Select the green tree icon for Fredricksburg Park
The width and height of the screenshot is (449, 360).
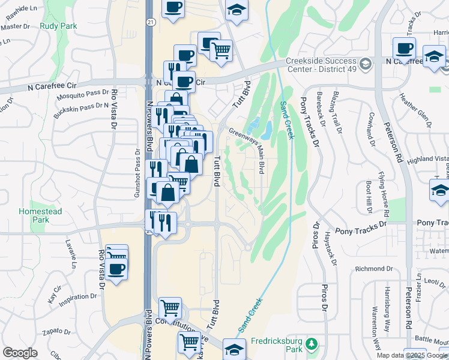tap(311, 343)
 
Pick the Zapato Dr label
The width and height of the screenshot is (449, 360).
tap(57, 332)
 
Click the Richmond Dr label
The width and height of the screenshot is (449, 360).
tap(373, 268)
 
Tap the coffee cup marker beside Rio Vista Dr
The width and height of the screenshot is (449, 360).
tap(117, 268)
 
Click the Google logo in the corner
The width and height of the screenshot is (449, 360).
tap(20, 353)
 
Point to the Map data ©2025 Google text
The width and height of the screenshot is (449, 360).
tap(411, 355)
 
